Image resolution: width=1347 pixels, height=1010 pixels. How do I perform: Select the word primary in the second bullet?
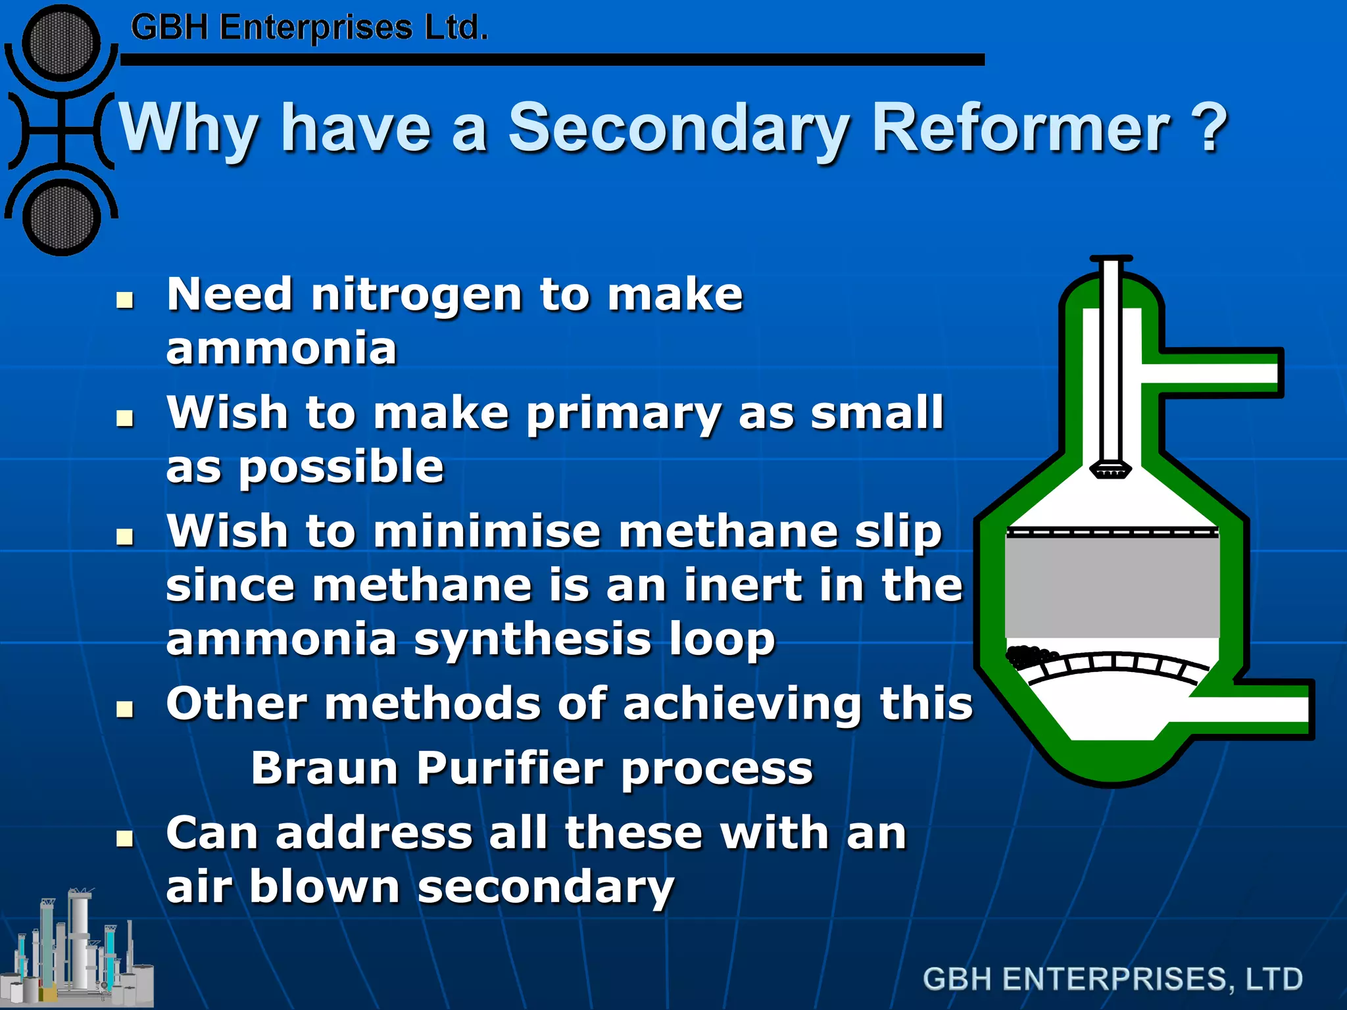pos(623,414)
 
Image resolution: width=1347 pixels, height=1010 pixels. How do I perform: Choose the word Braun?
pos(324,768)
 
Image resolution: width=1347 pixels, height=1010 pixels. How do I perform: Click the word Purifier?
pos(510,768)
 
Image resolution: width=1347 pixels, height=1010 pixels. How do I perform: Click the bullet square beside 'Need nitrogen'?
pos(124,301)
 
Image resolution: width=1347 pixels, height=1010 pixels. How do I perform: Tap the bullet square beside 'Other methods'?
pos(124,709)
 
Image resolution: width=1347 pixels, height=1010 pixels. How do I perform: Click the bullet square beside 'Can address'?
pos(124,838)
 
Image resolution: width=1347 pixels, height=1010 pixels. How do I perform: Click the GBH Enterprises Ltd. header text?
pos(309,28)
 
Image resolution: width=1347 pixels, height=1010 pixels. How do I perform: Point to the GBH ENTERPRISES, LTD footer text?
pos(1112,978)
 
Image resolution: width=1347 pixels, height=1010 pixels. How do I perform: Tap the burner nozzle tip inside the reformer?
pos(1110,471)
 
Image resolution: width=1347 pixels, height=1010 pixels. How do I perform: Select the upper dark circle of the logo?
pos(61,43)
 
